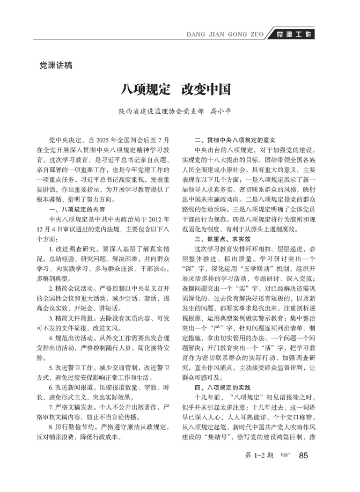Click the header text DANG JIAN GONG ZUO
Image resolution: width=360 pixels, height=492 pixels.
coord(224,35)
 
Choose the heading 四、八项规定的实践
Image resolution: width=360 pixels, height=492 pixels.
coord(222,387)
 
